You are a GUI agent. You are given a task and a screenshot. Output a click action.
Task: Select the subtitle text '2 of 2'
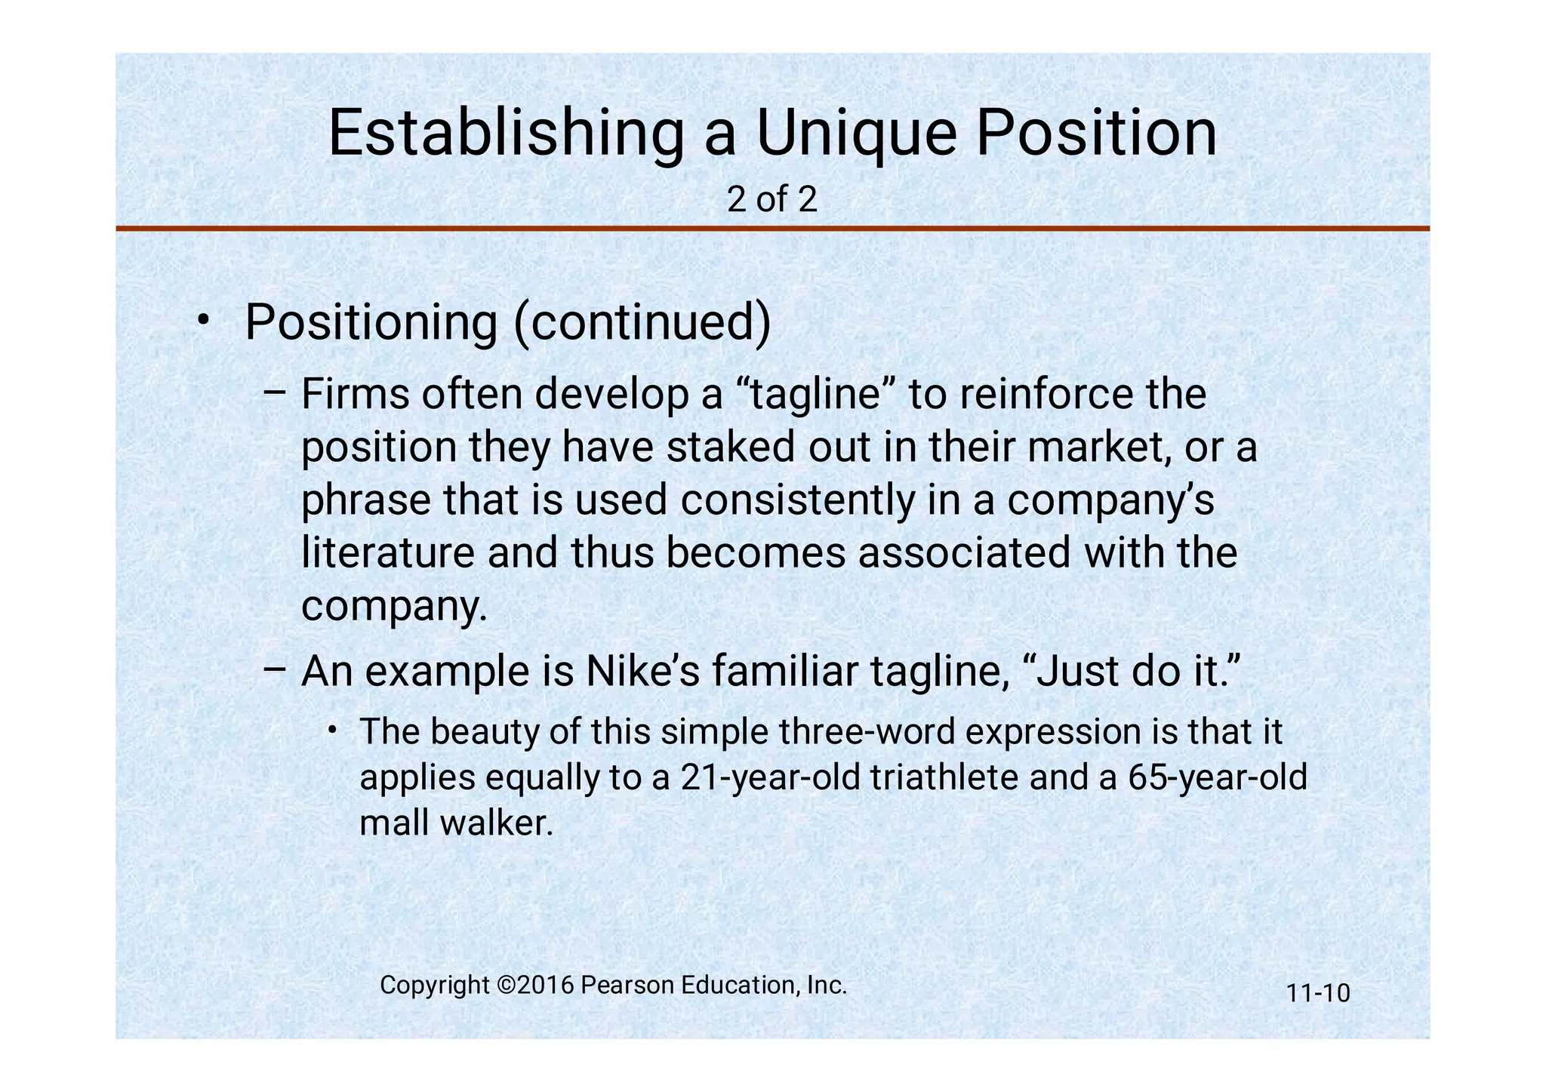(771, 200)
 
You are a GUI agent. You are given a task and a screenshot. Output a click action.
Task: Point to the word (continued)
(642, 322)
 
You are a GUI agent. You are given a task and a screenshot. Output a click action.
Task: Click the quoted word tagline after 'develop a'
(815, 395)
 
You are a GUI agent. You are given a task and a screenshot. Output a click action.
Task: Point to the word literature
(388, 552)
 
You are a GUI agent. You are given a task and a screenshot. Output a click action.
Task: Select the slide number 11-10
(1317, 993)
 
